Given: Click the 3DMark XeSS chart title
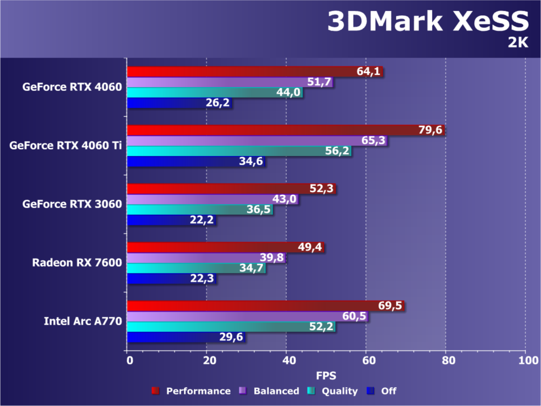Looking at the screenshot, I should point(427,21).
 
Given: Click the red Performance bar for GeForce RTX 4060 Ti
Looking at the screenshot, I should point(270,130).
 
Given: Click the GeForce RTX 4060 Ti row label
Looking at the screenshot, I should point(65,146).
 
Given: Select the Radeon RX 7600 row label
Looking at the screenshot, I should point(77,263).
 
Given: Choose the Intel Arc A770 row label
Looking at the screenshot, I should point(83,321).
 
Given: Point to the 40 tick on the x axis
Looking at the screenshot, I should point(286,360).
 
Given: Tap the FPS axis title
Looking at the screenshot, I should point(326,375).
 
